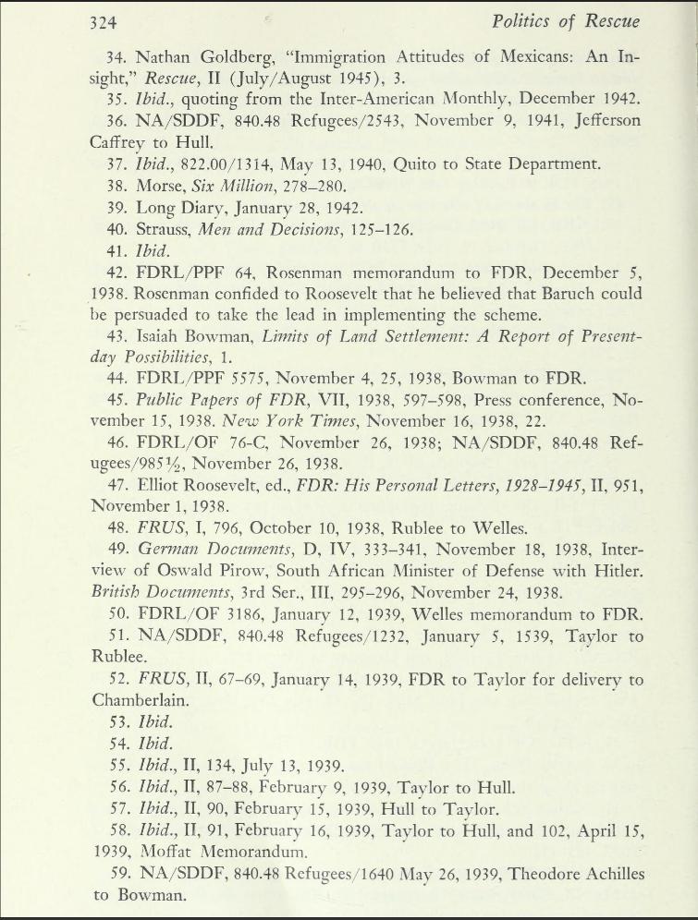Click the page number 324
click(104, 22)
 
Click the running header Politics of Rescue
click(566, 21)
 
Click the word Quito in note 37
click(418, 164)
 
